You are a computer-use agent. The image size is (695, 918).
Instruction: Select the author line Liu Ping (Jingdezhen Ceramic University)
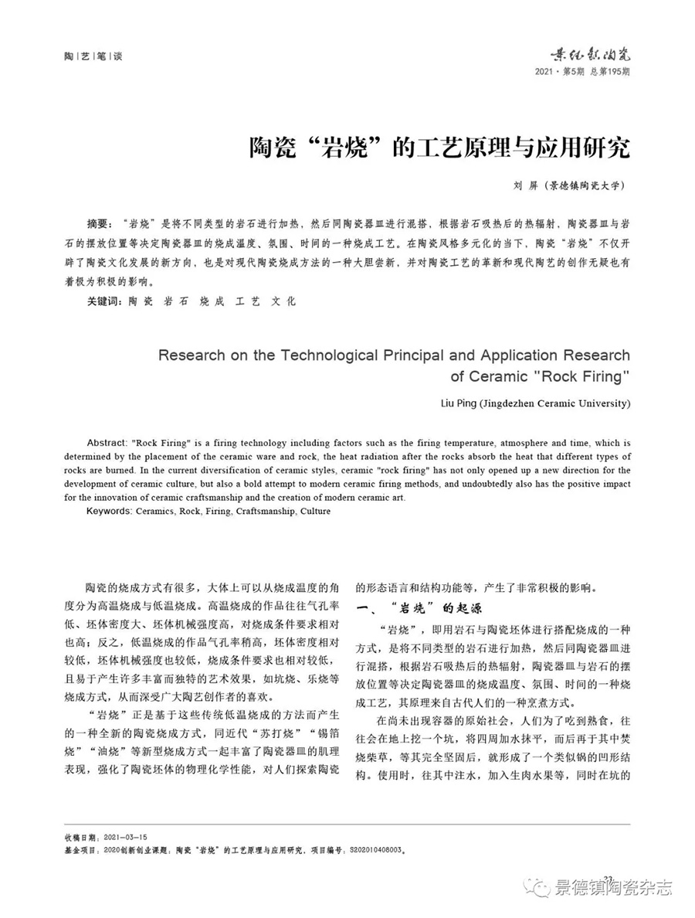[x=534, y=403]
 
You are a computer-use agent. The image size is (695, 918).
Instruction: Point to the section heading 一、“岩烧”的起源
[x=416, y=607]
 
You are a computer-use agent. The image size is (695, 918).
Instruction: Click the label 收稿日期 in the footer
[x=80, y=837]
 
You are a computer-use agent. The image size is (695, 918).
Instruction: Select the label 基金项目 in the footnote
[x=80, y=848]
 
